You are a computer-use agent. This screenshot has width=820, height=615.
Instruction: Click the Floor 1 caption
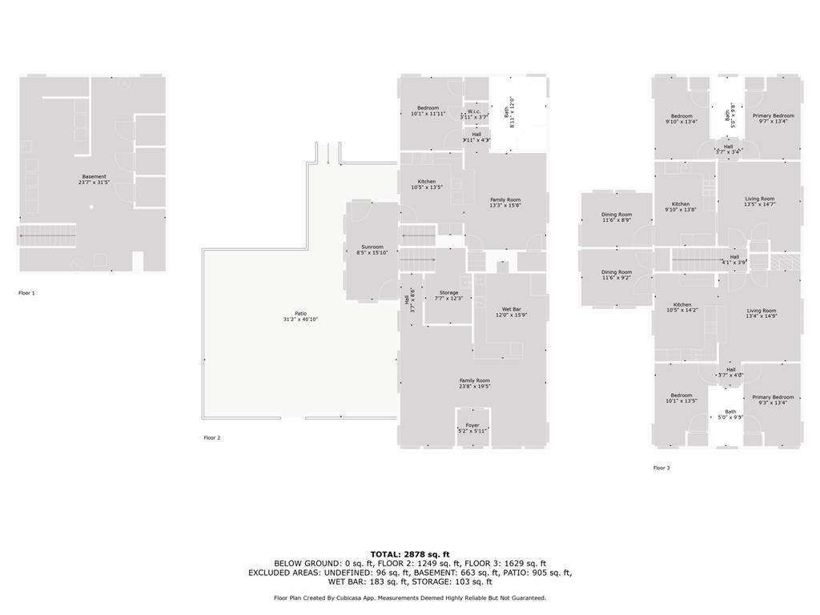coord(26,293)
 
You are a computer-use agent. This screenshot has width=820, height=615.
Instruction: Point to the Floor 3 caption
coord(661,468)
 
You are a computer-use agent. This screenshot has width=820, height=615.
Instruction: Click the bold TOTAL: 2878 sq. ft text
coord(410,554)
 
